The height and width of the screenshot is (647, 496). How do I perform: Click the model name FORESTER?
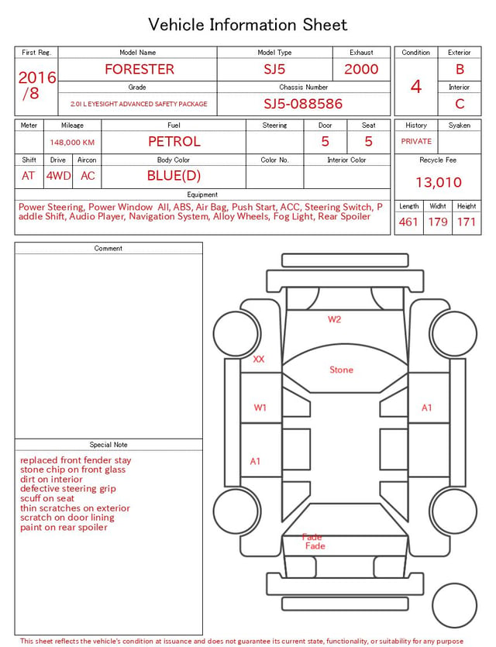coord(139,69)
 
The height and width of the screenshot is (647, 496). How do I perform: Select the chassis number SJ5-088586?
coord(303,104)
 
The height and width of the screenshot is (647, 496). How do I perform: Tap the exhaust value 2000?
coord(361,69)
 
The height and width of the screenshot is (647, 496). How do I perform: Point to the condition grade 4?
coord(416,87)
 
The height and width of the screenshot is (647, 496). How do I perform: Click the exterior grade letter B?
coord(460,69)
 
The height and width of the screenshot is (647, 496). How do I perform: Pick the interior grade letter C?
coord(460,104)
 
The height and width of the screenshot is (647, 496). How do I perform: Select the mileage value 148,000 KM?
coord(72,143)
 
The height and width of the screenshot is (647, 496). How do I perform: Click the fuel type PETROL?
coord(174,142)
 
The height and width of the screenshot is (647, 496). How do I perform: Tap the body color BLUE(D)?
coord(174,176)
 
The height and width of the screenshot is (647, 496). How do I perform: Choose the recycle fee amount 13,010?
coord(438,182)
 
